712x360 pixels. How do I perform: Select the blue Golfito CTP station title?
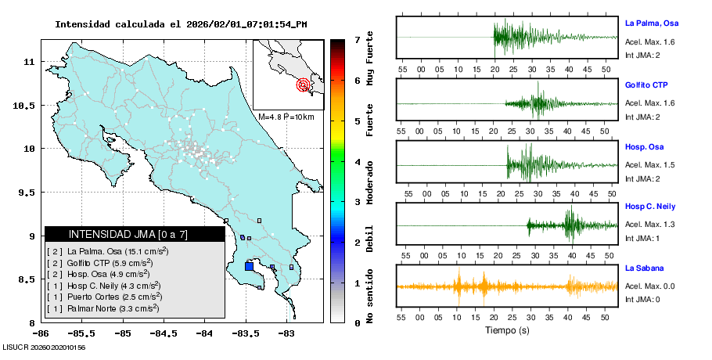[646, 85]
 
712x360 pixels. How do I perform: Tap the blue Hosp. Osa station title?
[644, 146]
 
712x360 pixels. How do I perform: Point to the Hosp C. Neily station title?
[650, 207]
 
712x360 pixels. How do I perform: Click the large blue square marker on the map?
[249, 266]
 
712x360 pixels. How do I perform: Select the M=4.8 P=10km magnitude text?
[286, 117]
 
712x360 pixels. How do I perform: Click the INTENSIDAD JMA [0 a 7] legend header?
[117, 234]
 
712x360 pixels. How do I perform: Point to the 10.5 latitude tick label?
[27, 105]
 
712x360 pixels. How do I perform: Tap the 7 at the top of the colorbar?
[357, 39]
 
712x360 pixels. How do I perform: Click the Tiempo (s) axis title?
[506, 330]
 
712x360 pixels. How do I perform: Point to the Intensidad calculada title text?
[180, 23]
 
